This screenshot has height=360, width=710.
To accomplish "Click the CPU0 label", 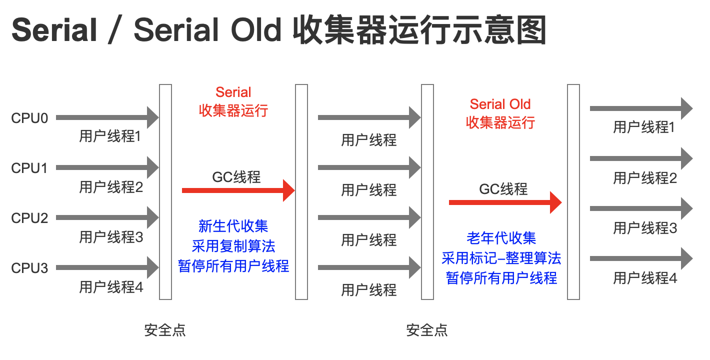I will tap(29, 118).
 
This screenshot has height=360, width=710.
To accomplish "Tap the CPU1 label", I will tap(29, 168).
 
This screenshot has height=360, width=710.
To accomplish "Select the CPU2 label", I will tap(29, 218).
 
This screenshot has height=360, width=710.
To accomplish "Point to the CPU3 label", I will tap(29, 268).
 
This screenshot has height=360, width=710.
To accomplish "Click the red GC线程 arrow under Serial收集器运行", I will tap(238, 190).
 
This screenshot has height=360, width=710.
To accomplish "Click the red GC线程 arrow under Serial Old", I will tap(505, 202).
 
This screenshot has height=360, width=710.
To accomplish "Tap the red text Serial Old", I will tap(500, 104).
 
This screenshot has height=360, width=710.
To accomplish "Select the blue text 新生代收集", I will tap(233, 226).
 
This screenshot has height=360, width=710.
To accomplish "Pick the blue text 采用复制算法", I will tap(233, 246).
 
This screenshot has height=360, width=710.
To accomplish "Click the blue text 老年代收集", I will tap(501, 238).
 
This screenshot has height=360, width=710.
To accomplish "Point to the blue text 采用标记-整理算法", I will tap(501, 258).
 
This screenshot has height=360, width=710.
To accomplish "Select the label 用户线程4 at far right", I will tap(645, 278).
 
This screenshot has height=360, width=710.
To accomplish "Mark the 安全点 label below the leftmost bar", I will tap(165, 330).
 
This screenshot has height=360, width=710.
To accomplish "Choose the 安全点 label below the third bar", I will tap(427, 330).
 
